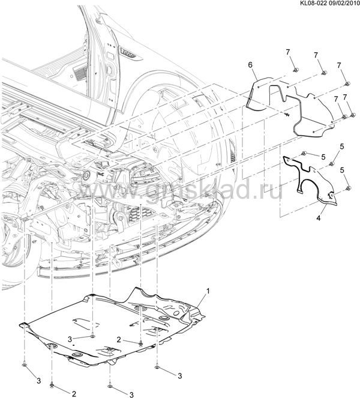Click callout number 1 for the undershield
[208, 291]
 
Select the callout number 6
[250, 65]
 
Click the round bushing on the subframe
[87, 175]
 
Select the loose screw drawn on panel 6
[287, 115]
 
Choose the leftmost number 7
[287, 52]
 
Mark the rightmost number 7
[345, 97]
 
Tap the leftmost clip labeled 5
[304, 153]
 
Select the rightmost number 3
[179, 376]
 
